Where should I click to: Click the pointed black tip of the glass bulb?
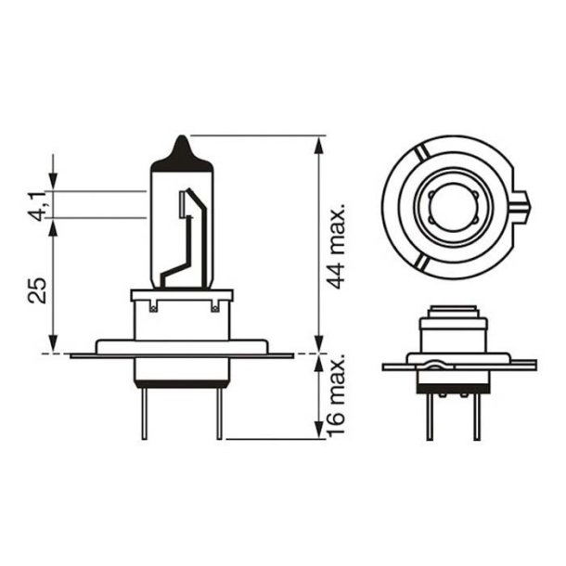(182, 148)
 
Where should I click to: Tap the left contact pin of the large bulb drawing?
(145, 412)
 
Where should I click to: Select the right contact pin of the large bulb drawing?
(219, 412)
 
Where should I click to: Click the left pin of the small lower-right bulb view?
(429, 414)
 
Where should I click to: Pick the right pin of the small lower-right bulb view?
(476, 414)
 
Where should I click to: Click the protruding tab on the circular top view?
(522, 199)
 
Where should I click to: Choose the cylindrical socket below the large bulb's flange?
(182, 372)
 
